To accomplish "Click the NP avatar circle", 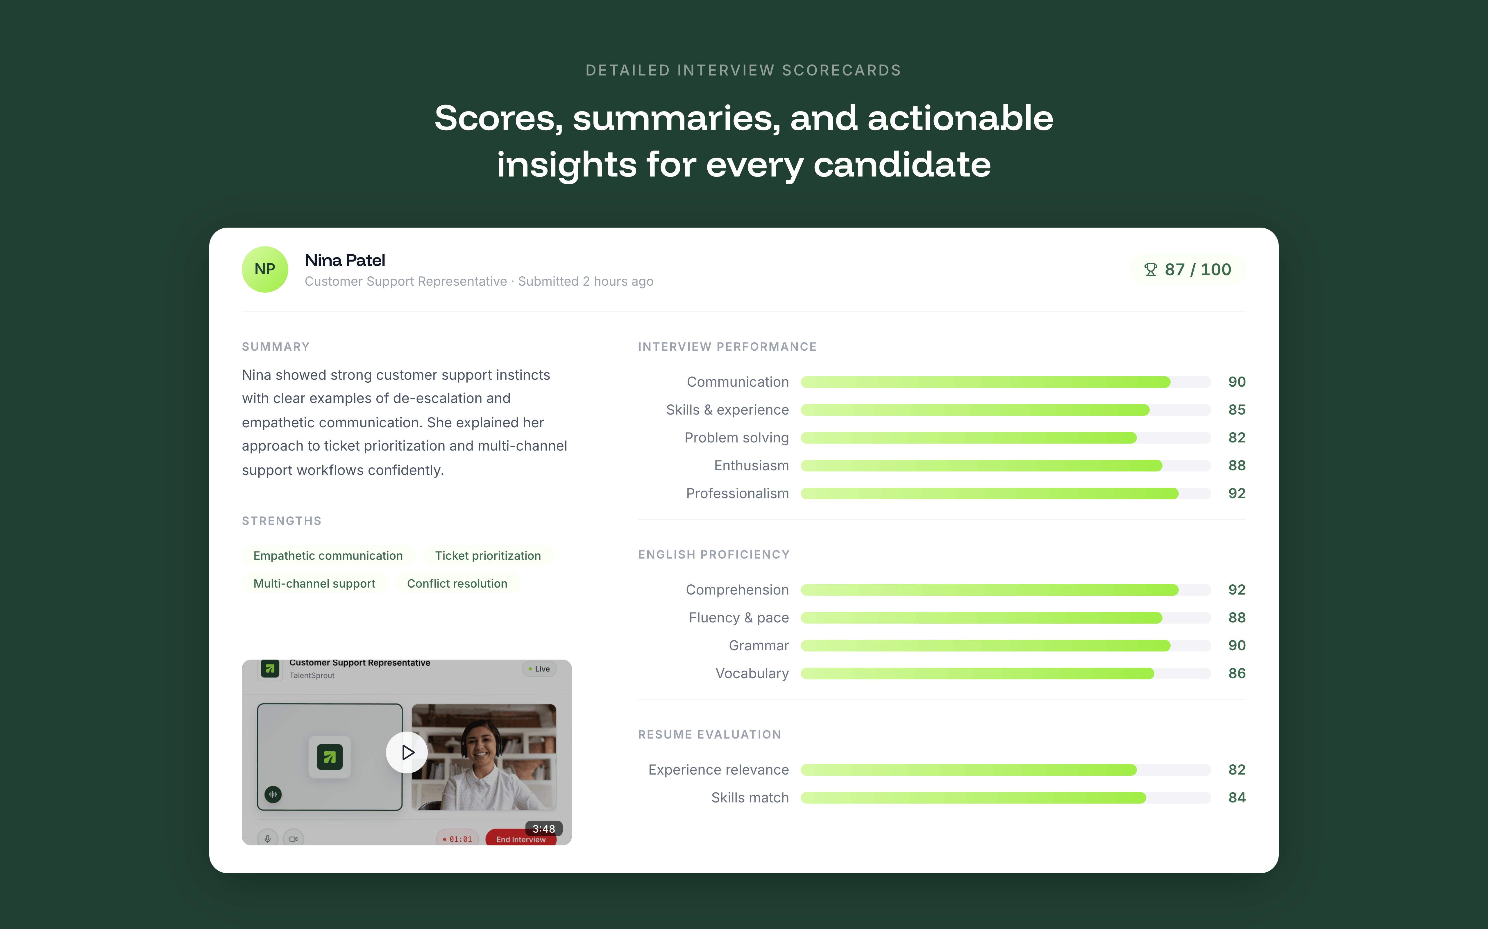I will pyautogui.click(x=264, y=269).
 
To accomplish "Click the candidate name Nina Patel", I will pyautogui.click(x=345, y=260).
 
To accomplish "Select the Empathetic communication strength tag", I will pyautogui.click(x=328, y=555).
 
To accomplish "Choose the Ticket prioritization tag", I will pyautogui.click(x=488, y=555).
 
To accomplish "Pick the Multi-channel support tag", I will pyautogui.click(x=314, y=584).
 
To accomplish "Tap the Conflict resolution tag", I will pyautogui.click(x=457, y=584).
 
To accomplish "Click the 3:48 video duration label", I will pyautogui.click(x=543, y=829).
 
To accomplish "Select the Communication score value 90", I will pyautogui.click(x=1237, y=382).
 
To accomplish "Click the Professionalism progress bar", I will pyautogui.click(x=1005, y=493).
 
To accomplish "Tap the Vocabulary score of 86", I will pyautogui.click(x=1237, y=674).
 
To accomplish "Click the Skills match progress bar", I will pyautogui.click(x=1005, y=797).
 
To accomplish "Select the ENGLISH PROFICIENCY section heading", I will pyautogui.click(x=713, y=554).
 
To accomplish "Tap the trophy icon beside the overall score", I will pyautogui.click(x=1150, y=270).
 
